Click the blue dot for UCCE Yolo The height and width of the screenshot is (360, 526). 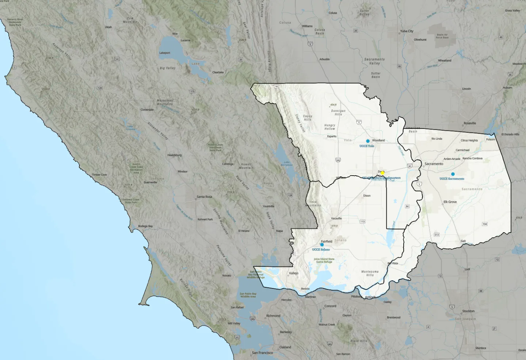(x=368, y=141)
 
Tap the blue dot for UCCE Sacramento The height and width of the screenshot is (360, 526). (x=453, y=174)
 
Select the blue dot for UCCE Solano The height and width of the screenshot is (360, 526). (x=322, y=245)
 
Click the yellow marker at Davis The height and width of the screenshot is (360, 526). (x=382, y=173)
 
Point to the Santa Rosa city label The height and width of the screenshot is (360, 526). (x=204, y=197)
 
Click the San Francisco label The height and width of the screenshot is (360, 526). (x=262, y=353)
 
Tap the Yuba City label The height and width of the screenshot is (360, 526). (x=407, y=31)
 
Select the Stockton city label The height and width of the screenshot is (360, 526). (x=468, y=311)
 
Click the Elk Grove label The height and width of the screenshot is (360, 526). (x=450, y=202)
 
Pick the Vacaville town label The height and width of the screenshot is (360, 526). (x=336, y=218)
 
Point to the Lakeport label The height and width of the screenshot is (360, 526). (x=165, y=53)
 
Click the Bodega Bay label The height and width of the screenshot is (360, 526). (x=145, y=226)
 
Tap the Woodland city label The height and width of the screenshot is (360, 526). (x=378, y=140)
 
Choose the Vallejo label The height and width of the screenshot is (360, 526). (x=294, y=273)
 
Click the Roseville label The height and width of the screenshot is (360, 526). (x=470, y=123)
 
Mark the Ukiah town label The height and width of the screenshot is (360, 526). (x=108, y=27)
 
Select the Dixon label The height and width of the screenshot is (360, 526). (x=367, y=196)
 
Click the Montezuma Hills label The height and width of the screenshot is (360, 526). (x=370, y=273)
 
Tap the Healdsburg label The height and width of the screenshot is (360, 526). (x=174, y=155)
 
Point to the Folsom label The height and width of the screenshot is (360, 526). (x=491, y=139)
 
